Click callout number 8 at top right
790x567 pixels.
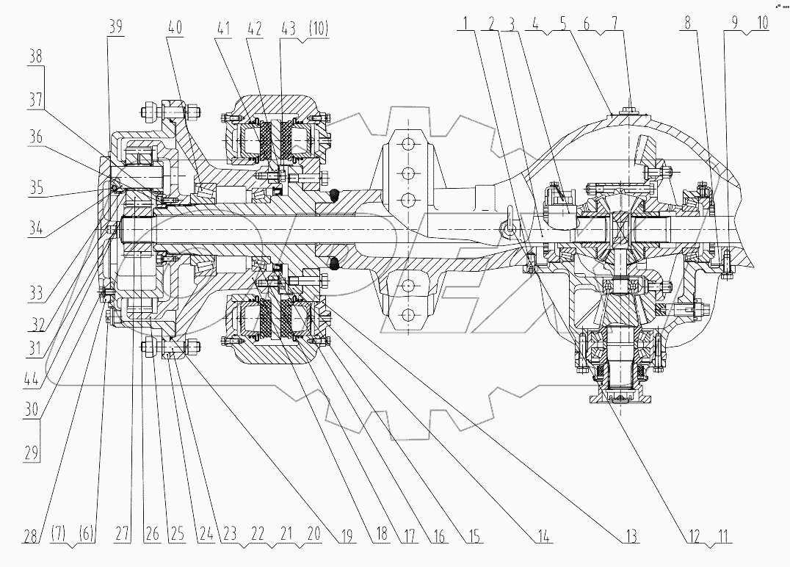pyautogui.click(x=687, y=23)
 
